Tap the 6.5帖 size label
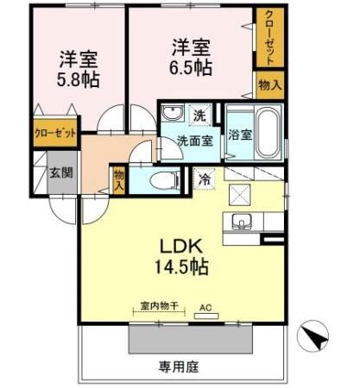[192, 65]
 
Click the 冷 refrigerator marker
[205, 180]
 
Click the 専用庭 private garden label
[180, 366]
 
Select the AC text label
[205, 306]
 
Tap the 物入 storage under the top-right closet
[268, 85]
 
